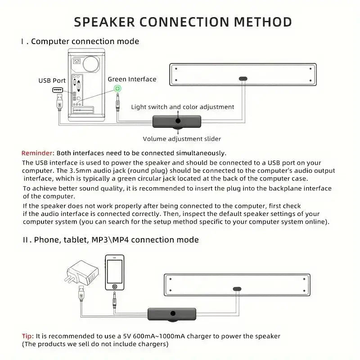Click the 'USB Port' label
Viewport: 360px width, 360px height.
[52, 81]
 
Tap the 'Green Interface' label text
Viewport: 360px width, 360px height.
[132, 79]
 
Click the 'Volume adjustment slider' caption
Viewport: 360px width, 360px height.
[182, 139]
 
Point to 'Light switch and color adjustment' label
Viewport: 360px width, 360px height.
[182, 107]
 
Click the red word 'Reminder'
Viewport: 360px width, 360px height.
[38, 153]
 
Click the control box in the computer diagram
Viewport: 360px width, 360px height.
[178, 121]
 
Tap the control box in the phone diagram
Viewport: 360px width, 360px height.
[172, 314]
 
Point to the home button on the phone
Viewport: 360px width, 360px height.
[115, 286]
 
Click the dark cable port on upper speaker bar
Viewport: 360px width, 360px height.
[243, 78]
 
